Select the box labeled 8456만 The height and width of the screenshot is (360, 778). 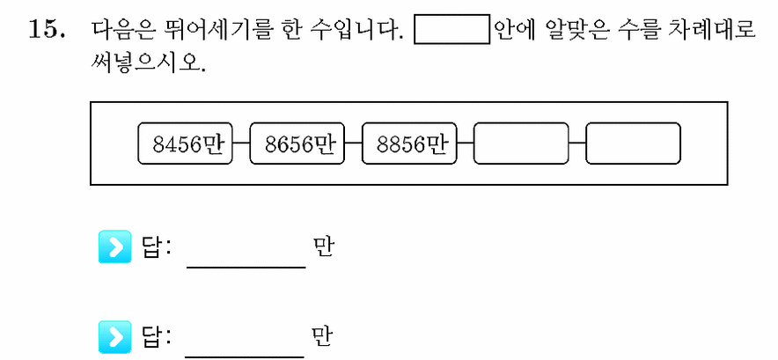[x=185, y=143]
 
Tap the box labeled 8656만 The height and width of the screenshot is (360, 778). [x=297, y=143]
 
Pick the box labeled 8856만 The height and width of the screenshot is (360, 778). [x=409, y=143]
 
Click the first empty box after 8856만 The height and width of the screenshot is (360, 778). [x=521, y=143]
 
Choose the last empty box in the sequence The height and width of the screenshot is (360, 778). [x=633, y=143]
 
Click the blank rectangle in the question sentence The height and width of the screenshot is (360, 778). [x=452, y=30]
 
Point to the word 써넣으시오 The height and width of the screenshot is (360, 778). [x=148, y=63]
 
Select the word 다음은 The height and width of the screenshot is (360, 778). [x=123, y=30]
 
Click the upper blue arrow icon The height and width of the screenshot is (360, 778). [x=115, y=246]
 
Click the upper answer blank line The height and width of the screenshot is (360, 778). [x=246, y=268]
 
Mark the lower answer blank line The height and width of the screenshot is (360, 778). [x=245, y=356]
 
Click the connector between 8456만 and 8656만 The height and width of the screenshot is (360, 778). [x=240, y=143]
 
